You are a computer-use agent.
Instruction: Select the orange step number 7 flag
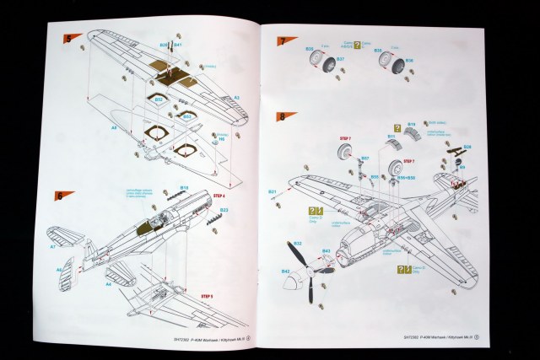coord(281,41)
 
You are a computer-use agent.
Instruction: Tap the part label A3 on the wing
coord(236,98)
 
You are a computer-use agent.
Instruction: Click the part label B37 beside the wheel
coord(341,60)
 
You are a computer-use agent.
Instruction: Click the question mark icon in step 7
coord(356,45)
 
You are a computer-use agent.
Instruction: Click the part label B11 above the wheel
coord(391,135)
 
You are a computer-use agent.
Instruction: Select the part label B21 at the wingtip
coord(273,192)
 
